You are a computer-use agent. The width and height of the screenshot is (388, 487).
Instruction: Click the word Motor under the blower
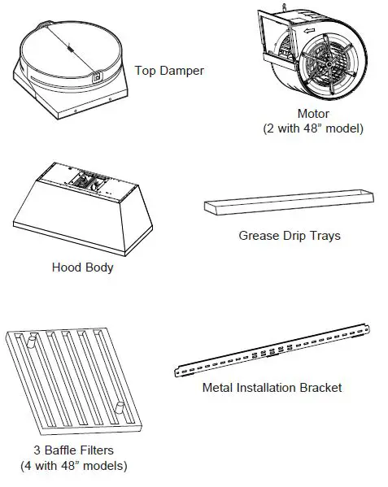click(313, 114)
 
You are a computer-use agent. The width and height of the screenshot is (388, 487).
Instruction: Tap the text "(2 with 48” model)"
click(313, 128)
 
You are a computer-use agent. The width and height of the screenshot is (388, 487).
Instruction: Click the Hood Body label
click(82, 267)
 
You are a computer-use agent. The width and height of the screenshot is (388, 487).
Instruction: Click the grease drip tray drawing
click(289, 205)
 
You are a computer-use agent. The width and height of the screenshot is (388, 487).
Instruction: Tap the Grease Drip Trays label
click(289, 236)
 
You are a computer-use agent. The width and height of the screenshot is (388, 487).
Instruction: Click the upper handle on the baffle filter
click(32, 340)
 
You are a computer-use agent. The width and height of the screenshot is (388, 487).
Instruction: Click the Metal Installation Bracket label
click(272, 387)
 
